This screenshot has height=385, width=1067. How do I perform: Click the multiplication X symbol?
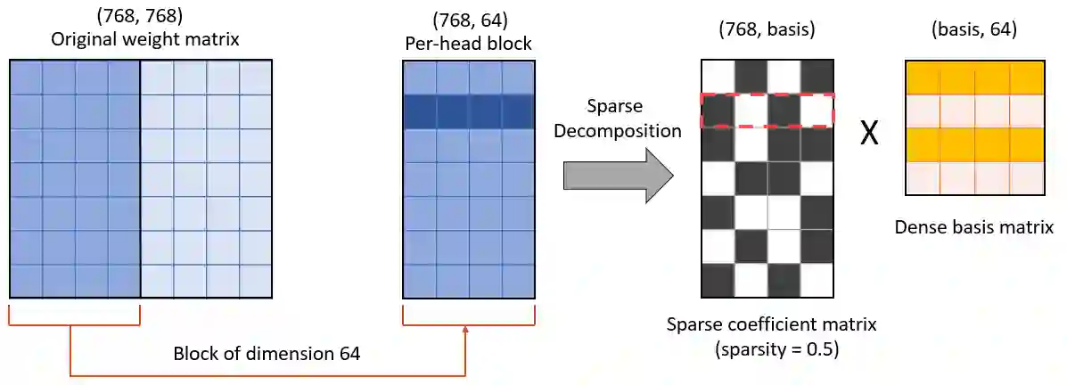(868, 133)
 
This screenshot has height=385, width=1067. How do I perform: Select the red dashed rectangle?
(767, 111)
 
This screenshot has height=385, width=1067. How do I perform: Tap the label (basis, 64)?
(974, 29)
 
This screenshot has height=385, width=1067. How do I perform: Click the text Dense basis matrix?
(973, 226)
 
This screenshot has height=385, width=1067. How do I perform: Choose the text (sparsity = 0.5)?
(772, 348)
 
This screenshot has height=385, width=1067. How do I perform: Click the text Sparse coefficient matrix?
(771, 324)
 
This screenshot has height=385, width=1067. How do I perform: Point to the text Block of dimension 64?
(267, 354)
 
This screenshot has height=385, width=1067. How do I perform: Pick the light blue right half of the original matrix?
(206, 178)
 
